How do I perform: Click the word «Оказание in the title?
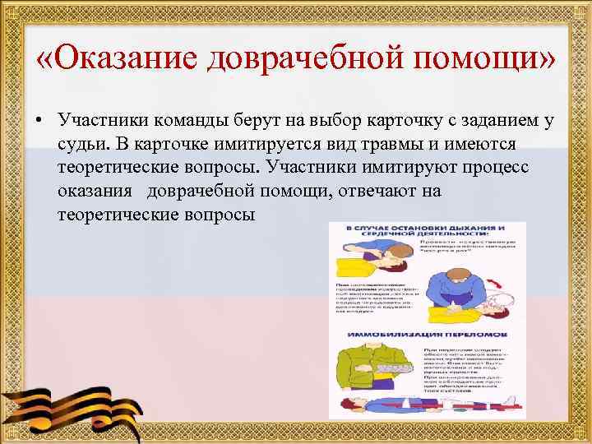tap(119, 58)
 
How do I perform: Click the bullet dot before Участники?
tap(39, 121)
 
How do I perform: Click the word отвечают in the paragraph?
tap(388, 191)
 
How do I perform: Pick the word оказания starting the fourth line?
tap(94, 191)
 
